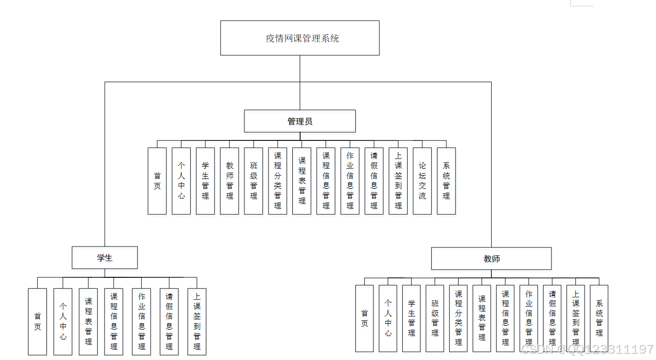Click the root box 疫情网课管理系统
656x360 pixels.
(x=300, y=38)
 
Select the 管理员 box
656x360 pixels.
(x=300, y=121)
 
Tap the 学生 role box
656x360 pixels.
(x=105, y=258)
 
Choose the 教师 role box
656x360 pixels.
(x=491, y=259)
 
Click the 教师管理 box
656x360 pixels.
(x=229, y=181)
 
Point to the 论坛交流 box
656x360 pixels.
(x=422, y=181)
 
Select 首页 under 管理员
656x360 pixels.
(x=157, y=181)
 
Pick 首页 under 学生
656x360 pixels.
(x=37, y=321)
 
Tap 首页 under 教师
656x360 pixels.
(x=364, y=318)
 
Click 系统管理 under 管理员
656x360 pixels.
(x=446, y=181)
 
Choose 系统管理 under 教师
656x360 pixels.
(x=599, y=318)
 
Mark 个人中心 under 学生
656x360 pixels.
(x=63, y=321)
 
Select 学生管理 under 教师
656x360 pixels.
(x=412, y=318)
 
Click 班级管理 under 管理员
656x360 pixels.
(x=254, y=181)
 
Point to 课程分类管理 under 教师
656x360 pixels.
(x=459, y=318)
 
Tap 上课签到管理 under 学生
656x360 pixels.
(x=197, y=321)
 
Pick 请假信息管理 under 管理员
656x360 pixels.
(x=374, y=181)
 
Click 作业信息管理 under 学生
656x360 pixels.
(x=141, y=321)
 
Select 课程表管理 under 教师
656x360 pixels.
(x=482, y=318)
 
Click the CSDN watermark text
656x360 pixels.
(x=587, y=349)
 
